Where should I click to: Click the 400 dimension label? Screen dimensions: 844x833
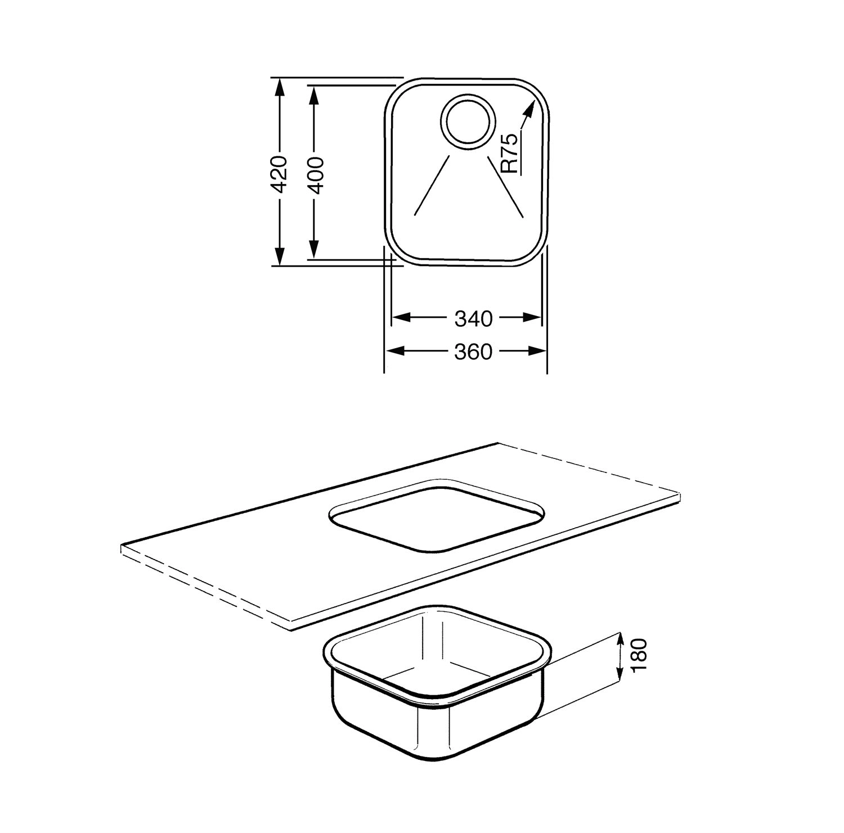pyautogui.click(x=315, y=175)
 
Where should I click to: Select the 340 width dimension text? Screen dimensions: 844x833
pyautogui.click(x=473, y=318)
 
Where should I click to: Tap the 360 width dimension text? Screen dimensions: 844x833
pyautogui.click(x=473, y=352)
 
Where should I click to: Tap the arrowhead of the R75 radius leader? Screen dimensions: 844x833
pyautogui.click(x=528, y=110)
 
